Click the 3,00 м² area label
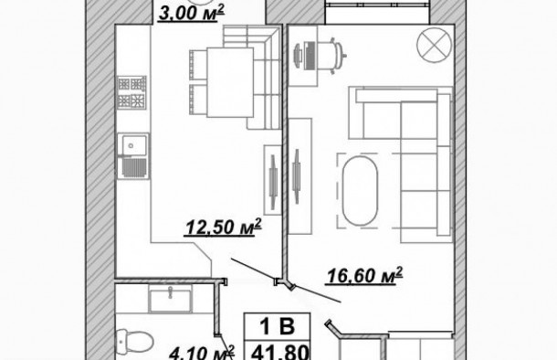click(x=191, y=14)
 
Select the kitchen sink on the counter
click(x=136, y=146)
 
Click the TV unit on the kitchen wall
click(x=272, y=179)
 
